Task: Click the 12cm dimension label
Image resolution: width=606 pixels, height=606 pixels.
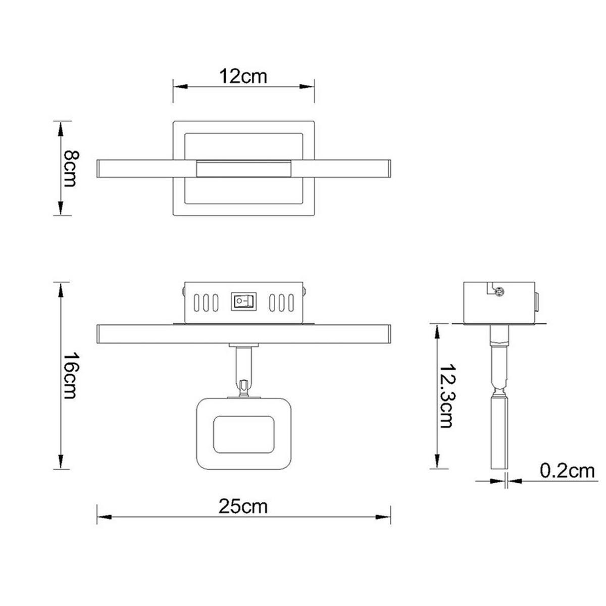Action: [243, 76]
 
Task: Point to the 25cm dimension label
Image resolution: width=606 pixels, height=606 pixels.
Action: [243, 507]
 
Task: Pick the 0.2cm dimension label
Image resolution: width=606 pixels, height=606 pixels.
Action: [567, 471]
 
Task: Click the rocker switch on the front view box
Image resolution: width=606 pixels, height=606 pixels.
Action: [244, 301]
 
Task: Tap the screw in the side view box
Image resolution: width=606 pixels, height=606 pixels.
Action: [499, 292]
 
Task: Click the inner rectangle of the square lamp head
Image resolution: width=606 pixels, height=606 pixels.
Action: [243, 435]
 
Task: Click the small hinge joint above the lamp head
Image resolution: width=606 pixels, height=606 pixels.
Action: [243, 389]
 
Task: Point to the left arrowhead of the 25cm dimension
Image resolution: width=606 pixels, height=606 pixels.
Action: [105, 517]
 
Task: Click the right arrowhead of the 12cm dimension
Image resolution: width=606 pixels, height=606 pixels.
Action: [307, 87]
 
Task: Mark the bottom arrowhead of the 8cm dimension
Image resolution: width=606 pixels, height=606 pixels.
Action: [61, 208]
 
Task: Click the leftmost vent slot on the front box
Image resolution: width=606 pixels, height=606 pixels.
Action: [196, 302]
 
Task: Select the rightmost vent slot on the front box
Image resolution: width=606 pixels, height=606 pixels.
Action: [291, 302]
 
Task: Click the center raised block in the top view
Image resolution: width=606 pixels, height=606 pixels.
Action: [244, 169]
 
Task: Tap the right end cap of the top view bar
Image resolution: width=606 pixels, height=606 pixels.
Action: [389, 169]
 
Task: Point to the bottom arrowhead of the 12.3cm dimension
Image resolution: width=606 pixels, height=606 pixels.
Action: [437, 461]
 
